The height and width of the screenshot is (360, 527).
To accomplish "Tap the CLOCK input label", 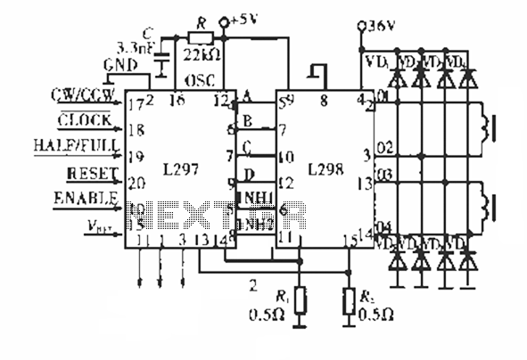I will click(85, 120).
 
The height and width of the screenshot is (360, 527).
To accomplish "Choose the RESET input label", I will click(86, 171).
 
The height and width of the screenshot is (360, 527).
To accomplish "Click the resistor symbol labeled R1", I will click(300, 301).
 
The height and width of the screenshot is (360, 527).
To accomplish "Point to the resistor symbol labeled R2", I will click(349, 301).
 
